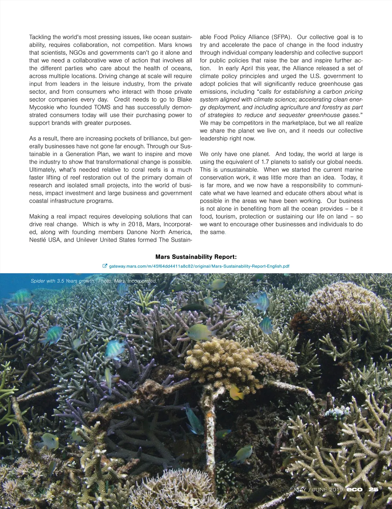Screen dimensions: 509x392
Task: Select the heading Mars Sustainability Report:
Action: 196,257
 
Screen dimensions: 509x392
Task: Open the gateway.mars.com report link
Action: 199,266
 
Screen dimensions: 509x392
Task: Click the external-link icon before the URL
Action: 105,266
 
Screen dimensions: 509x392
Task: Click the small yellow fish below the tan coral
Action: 237,392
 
